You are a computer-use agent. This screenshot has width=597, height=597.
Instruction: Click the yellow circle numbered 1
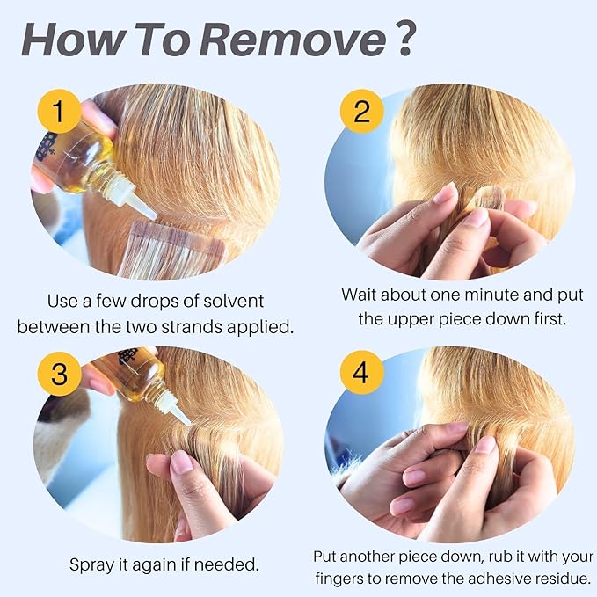pyautogui.click(x=59, y=111)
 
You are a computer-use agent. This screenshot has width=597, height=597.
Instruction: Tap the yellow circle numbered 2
pyautogui.click(x=361, y=111)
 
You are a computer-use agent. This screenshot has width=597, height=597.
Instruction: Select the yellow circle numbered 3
pyautogui.click(x=59, y=374)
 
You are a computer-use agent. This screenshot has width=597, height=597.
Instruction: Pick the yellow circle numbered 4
pyautogui.click(x=361, y=373)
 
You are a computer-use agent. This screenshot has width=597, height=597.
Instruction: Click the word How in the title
pyautogui.click(x=74, y=40)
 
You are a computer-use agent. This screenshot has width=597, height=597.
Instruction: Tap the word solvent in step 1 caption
pyautogui.click(x=233, y=302)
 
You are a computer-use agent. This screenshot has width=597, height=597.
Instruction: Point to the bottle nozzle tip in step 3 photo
pyautogui.click(x=187, y=422)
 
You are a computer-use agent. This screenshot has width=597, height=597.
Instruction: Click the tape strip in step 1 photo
pyautogui.click(x=171, y=250)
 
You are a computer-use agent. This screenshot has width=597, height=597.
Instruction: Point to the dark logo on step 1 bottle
pyautogui.click(x=47, y=146)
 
